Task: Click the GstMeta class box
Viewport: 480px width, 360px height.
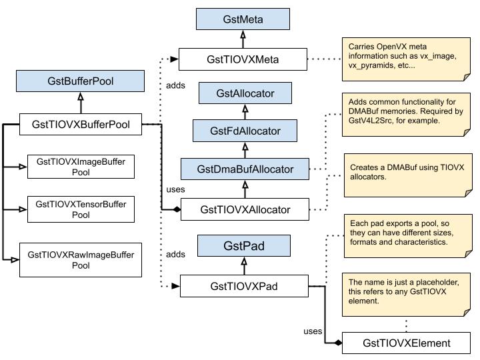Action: [243, 19]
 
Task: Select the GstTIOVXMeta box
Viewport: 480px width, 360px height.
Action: [243, 59]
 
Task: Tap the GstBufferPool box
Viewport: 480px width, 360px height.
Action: [81, 81]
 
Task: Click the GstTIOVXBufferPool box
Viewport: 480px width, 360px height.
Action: [81, 123]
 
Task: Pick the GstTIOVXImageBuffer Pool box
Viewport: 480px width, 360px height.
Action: [81, 166]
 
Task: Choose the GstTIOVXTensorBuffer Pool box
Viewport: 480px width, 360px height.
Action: [81, 208]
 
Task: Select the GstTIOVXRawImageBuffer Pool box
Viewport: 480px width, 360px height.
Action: [81, 260]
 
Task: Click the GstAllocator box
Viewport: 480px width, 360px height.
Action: [245, 93]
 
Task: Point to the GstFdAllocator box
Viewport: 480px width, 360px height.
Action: [245, 131]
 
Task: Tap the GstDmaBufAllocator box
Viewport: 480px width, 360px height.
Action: [245, 169]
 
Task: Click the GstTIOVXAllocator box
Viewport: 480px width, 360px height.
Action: [245, 209]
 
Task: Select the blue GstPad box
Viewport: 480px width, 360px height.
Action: [243, 246]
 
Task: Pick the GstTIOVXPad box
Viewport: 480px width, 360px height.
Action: [243, 287]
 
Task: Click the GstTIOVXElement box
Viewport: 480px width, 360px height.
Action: [406, 343]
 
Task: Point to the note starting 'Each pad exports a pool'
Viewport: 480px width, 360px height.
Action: [405, 236]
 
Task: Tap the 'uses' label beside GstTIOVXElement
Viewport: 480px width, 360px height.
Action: [313, 331]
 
